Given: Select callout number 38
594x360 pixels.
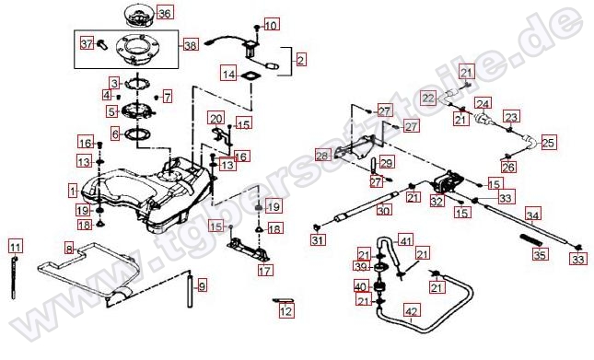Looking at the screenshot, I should [x=191, y=44].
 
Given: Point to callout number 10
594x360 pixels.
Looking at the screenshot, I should [x=270, y=26].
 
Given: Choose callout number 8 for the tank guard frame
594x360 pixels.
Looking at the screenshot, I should [x=68, y=249].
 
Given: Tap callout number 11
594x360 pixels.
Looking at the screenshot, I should [x=15, y=246].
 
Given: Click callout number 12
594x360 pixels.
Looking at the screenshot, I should [x=286, y=312].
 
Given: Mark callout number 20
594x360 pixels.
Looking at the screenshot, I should [x=215, y=118].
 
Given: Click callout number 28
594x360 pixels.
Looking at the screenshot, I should [x=322, y=157].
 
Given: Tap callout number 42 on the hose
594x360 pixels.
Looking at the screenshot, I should [x=412, y=311].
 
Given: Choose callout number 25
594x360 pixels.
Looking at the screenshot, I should [x=548, y=143].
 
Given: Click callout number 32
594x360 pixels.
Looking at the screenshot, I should [x=437, y=200].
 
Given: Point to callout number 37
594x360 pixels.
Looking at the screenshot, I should [x=87, y=43].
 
